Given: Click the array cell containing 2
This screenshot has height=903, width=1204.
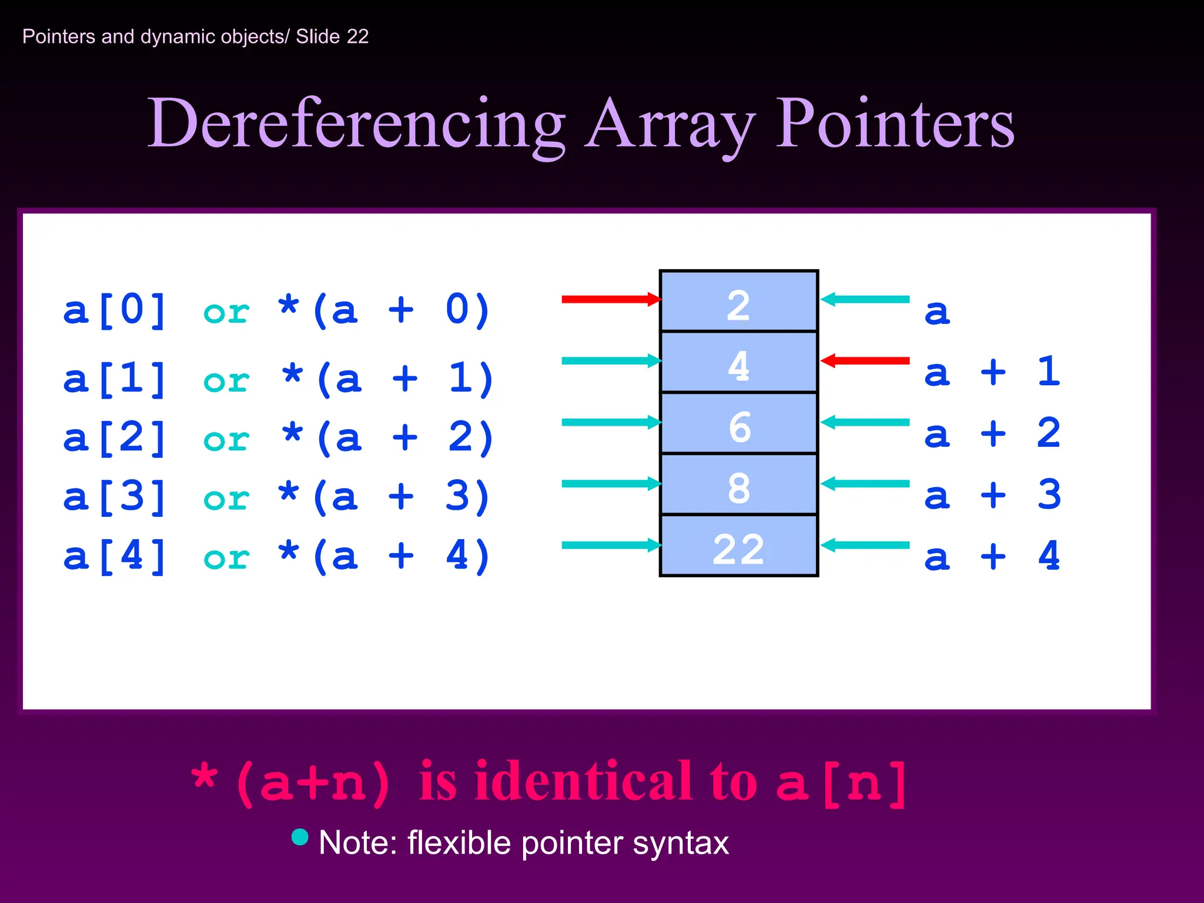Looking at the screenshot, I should (738, 302).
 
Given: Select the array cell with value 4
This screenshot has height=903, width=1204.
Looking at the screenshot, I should (738, 363).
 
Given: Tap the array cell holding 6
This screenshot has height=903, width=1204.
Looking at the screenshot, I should (738, 424).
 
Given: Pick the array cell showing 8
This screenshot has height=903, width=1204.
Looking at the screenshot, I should (738, 485).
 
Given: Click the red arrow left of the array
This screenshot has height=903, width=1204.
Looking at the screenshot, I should (611, 299).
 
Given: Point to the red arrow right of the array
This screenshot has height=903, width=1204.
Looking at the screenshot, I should (865, 360).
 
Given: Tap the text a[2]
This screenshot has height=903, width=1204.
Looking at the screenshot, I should (115, 437).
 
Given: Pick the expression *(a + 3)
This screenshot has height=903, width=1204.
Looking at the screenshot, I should (384, 497).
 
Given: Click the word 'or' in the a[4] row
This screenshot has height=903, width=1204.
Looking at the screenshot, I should (226, 557).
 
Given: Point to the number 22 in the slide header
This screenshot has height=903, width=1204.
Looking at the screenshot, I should (357, 36).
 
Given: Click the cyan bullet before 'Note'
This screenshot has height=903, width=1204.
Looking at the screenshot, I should (300, 837).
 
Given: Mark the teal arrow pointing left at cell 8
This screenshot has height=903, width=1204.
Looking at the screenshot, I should (865, 484).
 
